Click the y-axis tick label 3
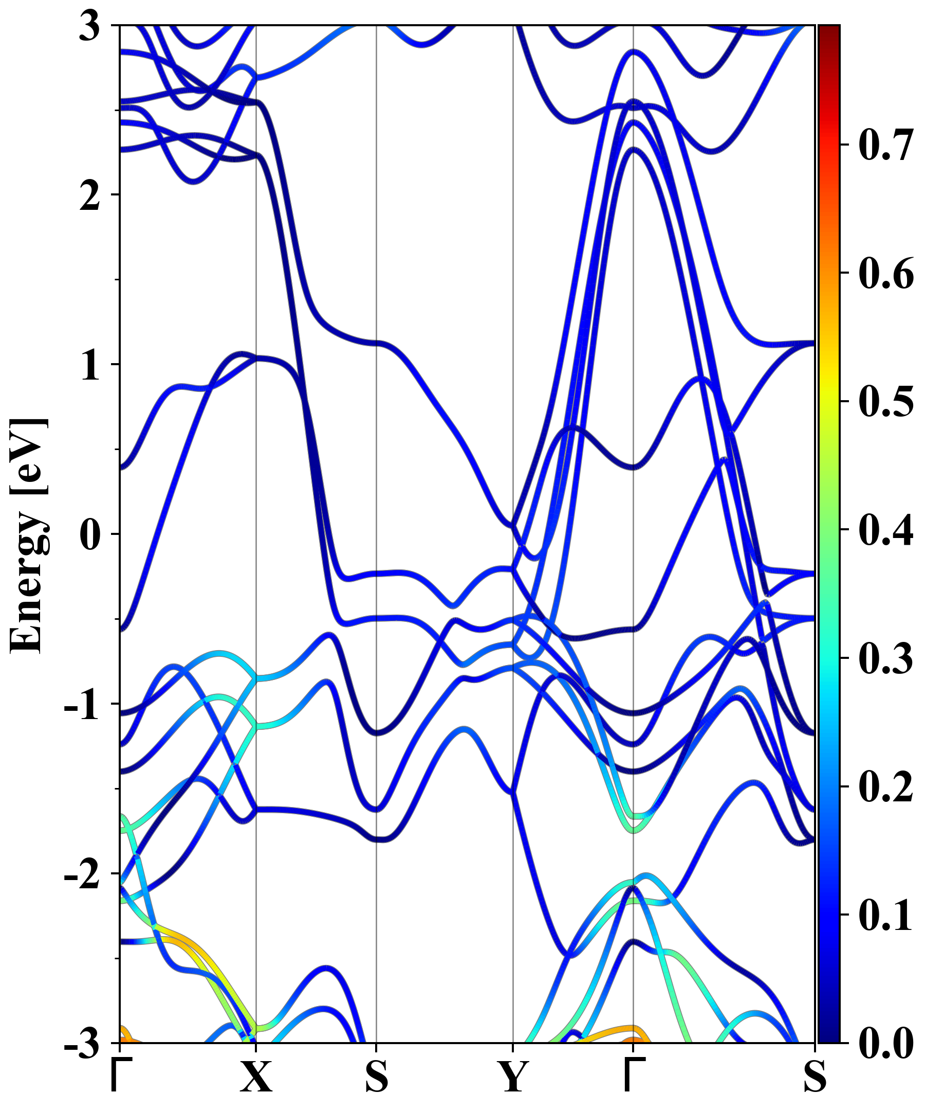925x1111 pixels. pyautogui.click(x=90, y=26)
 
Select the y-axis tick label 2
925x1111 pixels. pyautogui.click(x=90, y=196)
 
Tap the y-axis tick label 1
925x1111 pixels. pyautogui.click(x=90, y=365)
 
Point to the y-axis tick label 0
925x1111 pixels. pyautogui.click(x=90, y=534)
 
